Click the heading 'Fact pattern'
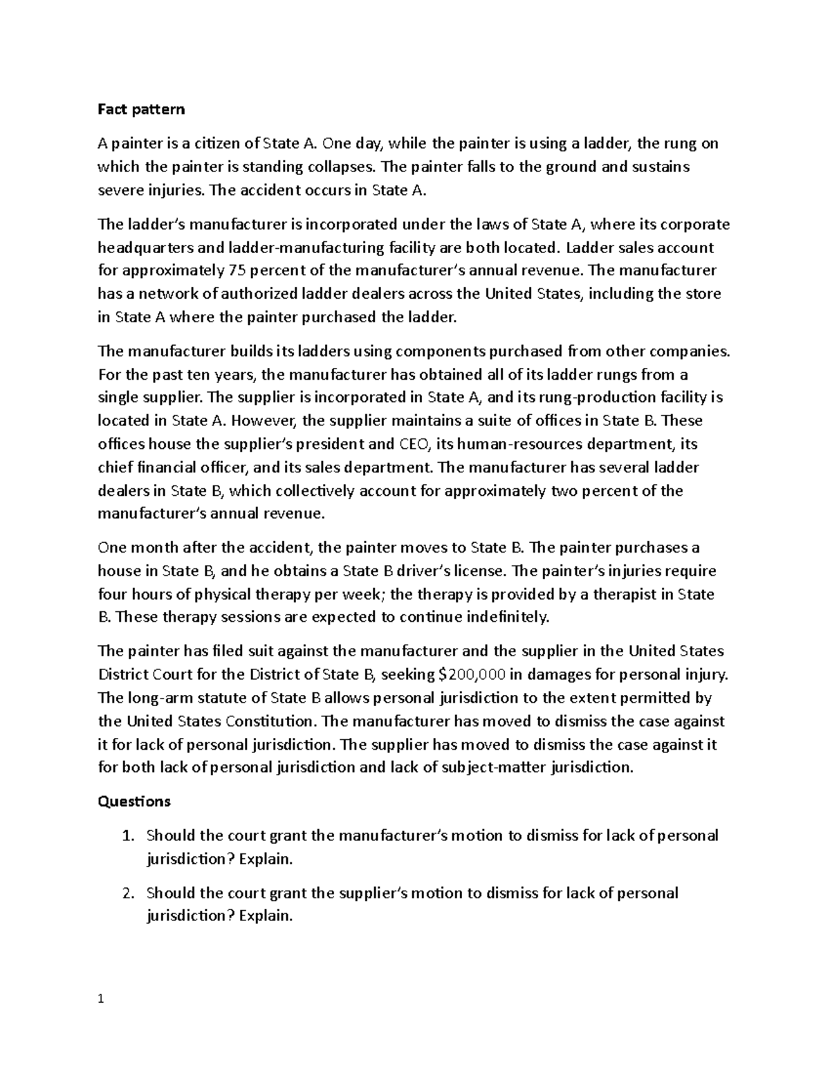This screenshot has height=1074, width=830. click(141, 109)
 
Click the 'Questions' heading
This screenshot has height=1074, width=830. click(134, 802)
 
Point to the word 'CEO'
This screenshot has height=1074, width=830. click(415, 444)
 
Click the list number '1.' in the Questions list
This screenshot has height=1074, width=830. click(127, 835)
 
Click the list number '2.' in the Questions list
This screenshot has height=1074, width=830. click(127, 893)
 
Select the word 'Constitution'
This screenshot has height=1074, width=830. click(270, 721)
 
